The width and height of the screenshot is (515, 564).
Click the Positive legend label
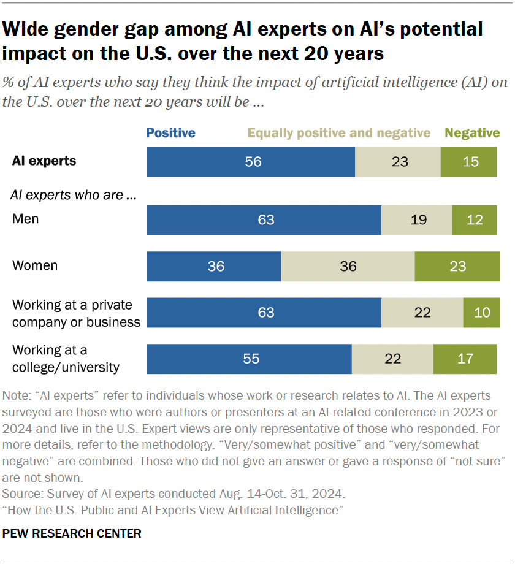170,133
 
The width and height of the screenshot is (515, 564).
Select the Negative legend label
472,133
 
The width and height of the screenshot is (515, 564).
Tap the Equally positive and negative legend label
339,133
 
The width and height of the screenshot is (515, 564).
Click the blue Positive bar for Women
214,267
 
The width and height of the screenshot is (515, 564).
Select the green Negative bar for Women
457,267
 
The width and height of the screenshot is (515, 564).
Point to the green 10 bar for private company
481,313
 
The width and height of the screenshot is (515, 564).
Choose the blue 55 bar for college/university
249,359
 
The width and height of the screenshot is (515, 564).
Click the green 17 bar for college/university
465,359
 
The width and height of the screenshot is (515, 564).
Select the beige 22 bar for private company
422,313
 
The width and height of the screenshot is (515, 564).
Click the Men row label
25,219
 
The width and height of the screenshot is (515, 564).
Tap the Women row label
35,265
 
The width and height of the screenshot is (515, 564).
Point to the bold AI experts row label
44,161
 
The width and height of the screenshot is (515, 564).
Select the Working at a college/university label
66,359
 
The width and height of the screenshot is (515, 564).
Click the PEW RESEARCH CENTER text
72,533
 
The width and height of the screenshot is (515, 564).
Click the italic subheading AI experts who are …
73,196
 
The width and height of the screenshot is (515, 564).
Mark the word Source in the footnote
19,493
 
